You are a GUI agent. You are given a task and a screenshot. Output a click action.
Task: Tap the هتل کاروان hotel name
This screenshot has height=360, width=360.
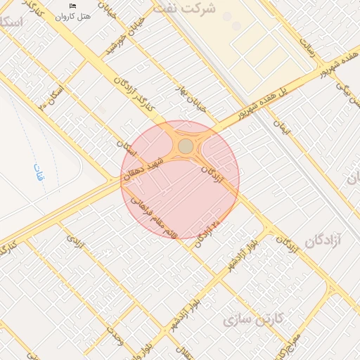click(72, 15)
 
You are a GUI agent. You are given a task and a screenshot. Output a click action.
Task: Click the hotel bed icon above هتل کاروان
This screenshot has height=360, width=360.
click(72, 6)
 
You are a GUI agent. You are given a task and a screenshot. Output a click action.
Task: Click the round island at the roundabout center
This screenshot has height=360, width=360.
click(185, 146)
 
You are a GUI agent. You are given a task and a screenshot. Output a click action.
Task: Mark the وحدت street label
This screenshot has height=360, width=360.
click(115, 338)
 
